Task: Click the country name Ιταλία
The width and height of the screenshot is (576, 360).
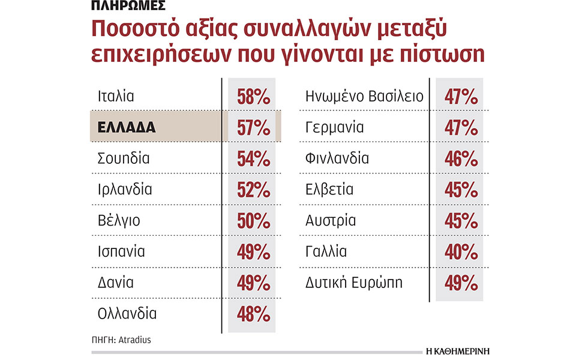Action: tap(116, 97)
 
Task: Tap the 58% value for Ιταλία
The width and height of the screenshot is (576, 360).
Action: tap(253, 97)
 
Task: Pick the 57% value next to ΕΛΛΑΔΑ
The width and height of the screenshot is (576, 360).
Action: tap(253, 127)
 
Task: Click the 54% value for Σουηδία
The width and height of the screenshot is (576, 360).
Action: tap(253, 158)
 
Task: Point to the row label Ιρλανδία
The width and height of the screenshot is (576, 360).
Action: tap(124, 190)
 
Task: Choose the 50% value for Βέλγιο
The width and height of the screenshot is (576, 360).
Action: tap(253, 220)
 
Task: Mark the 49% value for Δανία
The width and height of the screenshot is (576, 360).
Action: tap(253, 282)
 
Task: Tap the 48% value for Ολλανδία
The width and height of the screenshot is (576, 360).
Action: tap(253, 313)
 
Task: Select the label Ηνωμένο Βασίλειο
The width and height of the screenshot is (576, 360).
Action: tap(365, 97)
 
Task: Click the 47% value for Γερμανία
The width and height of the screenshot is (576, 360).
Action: tap(461, 127)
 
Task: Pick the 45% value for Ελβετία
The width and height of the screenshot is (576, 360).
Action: tap(461, 190)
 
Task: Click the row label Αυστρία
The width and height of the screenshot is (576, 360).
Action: tap(331, 220)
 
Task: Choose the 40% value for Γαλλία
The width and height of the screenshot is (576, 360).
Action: tap(461, 251)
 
